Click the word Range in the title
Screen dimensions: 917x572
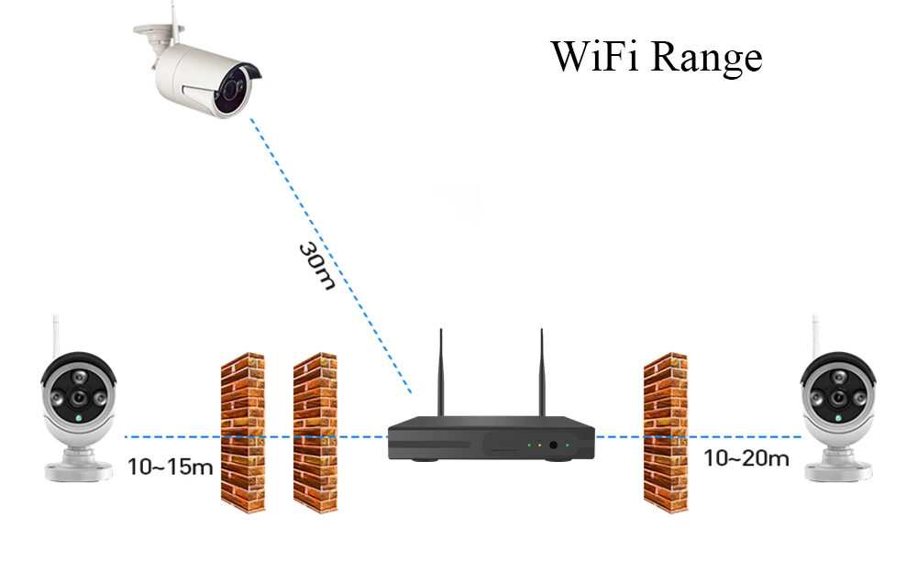(706, 59)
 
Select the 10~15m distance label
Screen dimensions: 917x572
(171, 467)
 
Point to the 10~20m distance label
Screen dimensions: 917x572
(746, 458)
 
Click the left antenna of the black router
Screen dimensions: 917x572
(441, 372)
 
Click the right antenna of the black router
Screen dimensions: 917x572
(542, 372)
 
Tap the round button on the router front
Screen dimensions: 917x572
(553, 445)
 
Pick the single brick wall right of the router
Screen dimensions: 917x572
(666, 433)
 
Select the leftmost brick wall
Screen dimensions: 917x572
(243, 433)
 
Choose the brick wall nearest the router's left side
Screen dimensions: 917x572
(315, 433)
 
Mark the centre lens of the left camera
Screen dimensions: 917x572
(78, 398)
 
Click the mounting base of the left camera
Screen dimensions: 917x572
(79, 467)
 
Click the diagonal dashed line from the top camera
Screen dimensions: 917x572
(331, 256)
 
